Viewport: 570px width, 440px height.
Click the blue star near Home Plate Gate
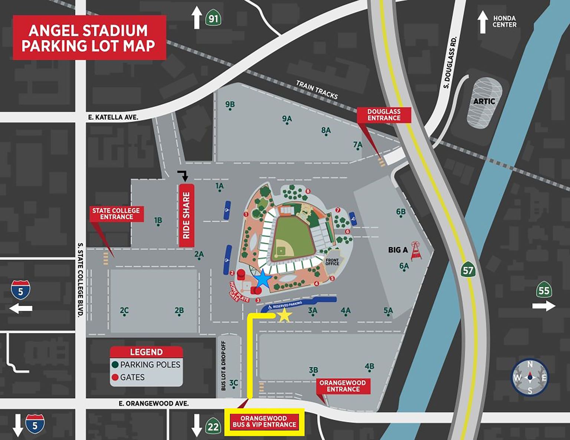click(x=263, y=279)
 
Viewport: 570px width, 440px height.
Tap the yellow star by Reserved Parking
click(x=284, y=315)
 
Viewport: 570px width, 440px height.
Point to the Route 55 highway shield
click(x=544, y=290)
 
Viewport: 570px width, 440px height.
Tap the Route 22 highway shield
click(x=213, y=427)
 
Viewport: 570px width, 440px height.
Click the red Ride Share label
click(x=186, y=215)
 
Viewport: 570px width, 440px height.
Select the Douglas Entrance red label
click(x=384, y=115)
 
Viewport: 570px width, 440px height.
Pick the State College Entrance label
click(x=116, y=214)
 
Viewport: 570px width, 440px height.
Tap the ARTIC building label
click(x=484, y=101)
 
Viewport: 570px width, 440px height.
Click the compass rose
click(x=530, y=378)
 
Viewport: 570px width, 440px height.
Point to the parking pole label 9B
click(x=230, y=105)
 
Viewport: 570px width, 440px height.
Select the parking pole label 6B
click(x=401, y=212)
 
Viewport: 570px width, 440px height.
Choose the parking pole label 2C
click(x=124, y=311)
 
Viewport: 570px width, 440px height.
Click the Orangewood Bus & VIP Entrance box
click(x=264, y=422)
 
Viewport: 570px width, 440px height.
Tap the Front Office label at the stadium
click(x=332, y=262)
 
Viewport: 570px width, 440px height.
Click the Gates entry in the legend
click(x=132, y=377)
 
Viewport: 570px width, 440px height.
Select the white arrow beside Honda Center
click(x=482, y=22)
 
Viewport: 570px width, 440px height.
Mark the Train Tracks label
click(x=317, y=90)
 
